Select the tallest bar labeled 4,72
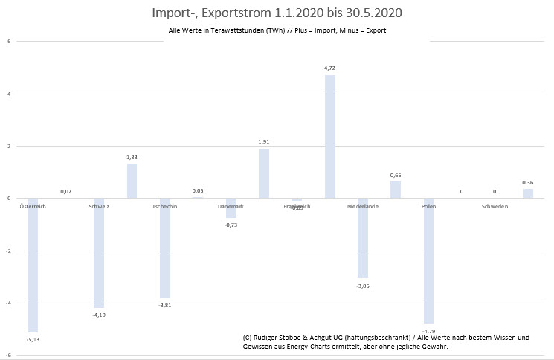click(329, 136)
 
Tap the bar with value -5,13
click(33, 265)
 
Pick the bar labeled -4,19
click(99, 253)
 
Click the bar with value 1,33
click(132, 181)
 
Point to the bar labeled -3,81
click(165, 248)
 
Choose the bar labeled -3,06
click(362, 238)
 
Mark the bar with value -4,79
click(428, 260)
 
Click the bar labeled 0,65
click(396, 190)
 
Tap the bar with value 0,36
click(527, 193)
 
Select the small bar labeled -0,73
click(231, 208)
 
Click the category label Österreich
click(33, 206)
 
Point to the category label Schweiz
click(99, 206)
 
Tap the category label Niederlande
click(363, 206)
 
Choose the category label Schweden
click(495, 206)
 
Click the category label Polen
click(428, 206)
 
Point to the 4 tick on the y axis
click(9, 94)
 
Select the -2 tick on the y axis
click(8, 251)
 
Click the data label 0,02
click(66, 192)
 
